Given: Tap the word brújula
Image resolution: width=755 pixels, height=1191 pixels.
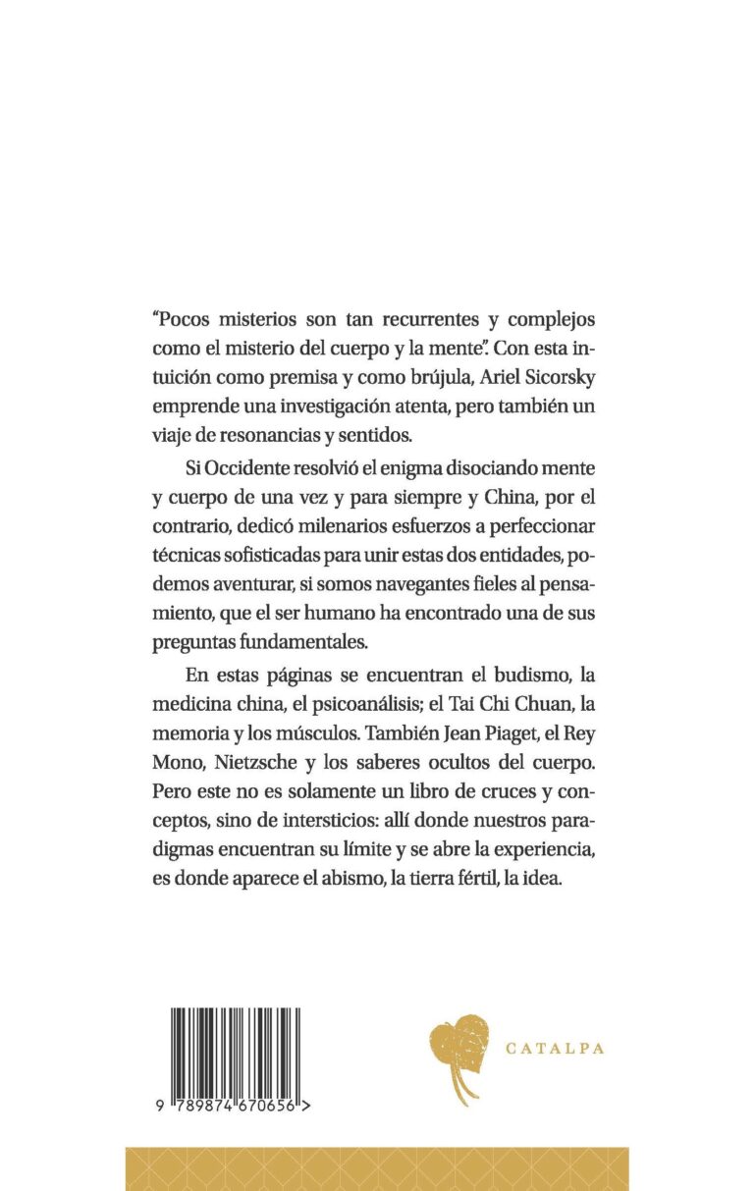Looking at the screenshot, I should point(469,376).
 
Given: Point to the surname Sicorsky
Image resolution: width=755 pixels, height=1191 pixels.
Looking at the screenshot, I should point(579,376).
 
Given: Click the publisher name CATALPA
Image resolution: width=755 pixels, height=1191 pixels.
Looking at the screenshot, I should point(555,1049).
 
